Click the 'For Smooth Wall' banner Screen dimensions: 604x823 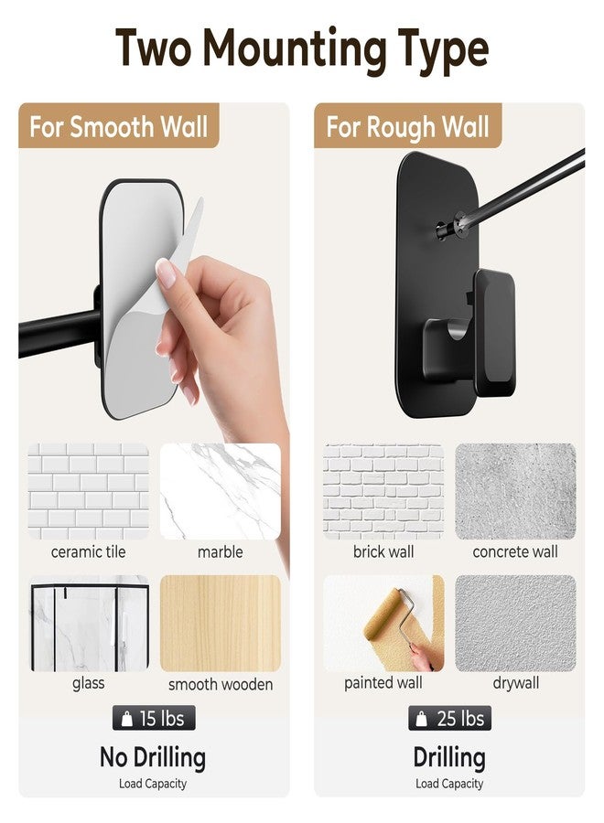pos(119,125)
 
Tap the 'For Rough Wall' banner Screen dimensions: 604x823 pos(407,125)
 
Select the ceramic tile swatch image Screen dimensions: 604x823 pos(88,491)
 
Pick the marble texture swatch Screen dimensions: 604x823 pos(220,491)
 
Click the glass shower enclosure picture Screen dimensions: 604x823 pos(88,623)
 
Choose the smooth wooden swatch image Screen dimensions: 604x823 pos(220,623)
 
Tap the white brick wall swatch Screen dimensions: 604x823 pos(383,491)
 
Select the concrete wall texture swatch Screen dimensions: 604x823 pos(515,491)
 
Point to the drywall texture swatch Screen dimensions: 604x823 pos(515,623)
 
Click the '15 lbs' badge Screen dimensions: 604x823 pos(154,718)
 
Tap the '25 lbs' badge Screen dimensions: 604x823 pos(449,718)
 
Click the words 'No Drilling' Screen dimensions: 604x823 pos(153,758)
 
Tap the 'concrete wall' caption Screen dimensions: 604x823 pos(515,551)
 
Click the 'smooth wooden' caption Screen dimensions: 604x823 pos(221,684)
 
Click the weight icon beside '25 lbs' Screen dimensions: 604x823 pos(421,719)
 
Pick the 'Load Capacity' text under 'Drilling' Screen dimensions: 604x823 pos(449,784)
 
